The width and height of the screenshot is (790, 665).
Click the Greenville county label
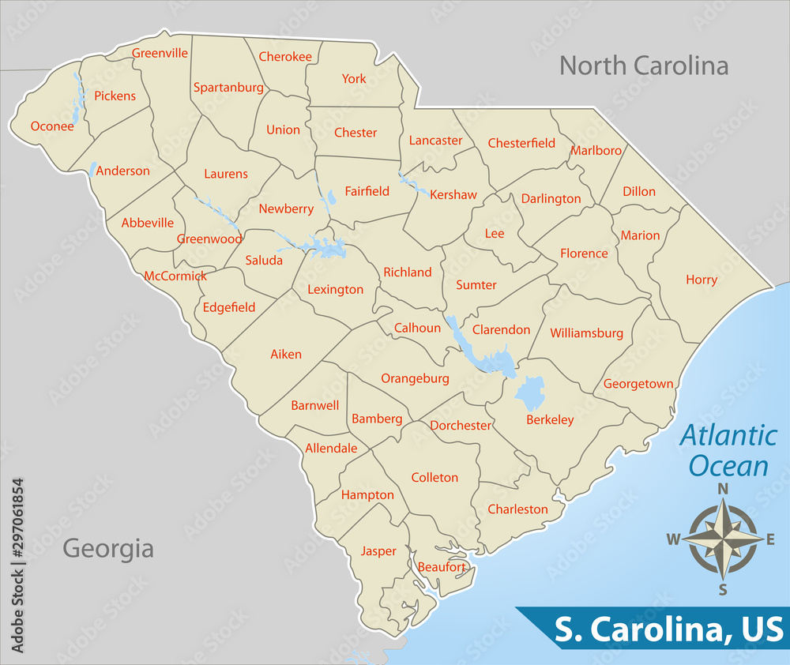tap(160, 53)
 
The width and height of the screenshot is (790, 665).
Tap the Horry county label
tap(702, 280)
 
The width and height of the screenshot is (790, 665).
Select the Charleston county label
tap(517, 509)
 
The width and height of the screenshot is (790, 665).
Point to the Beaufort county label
tap(442, 566)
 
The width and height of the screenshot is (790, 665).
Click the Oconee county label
tap(52, 126)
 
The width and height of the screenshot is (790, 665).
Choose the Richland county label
tap(408, 272)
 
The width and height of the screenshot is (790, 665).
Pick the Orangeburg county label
tap(415, 378)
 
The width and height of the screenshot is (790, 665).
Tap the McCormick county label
tap(175, 276)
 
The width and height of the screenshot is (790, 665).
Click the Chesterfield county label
tap(521, 143)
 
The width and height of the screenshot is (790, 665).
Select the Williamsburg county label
tap(586, 333)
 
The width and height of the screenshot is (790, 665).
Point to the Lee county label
tap(495, 234)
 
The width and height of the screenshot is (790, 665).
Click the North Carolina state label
tap(644, 66)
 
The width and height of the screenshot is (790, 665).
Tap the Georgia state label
tap(108, 547)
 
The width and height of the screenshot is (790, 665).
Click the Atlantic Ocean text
tap(728, 450)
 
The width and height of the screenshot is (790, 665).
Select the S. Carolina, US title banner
tap(668, 629)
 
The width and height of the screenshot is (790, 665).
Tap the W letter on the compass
tap(673, 539)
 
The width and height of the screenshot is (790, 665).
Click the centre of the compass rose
tap(722, 539)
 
